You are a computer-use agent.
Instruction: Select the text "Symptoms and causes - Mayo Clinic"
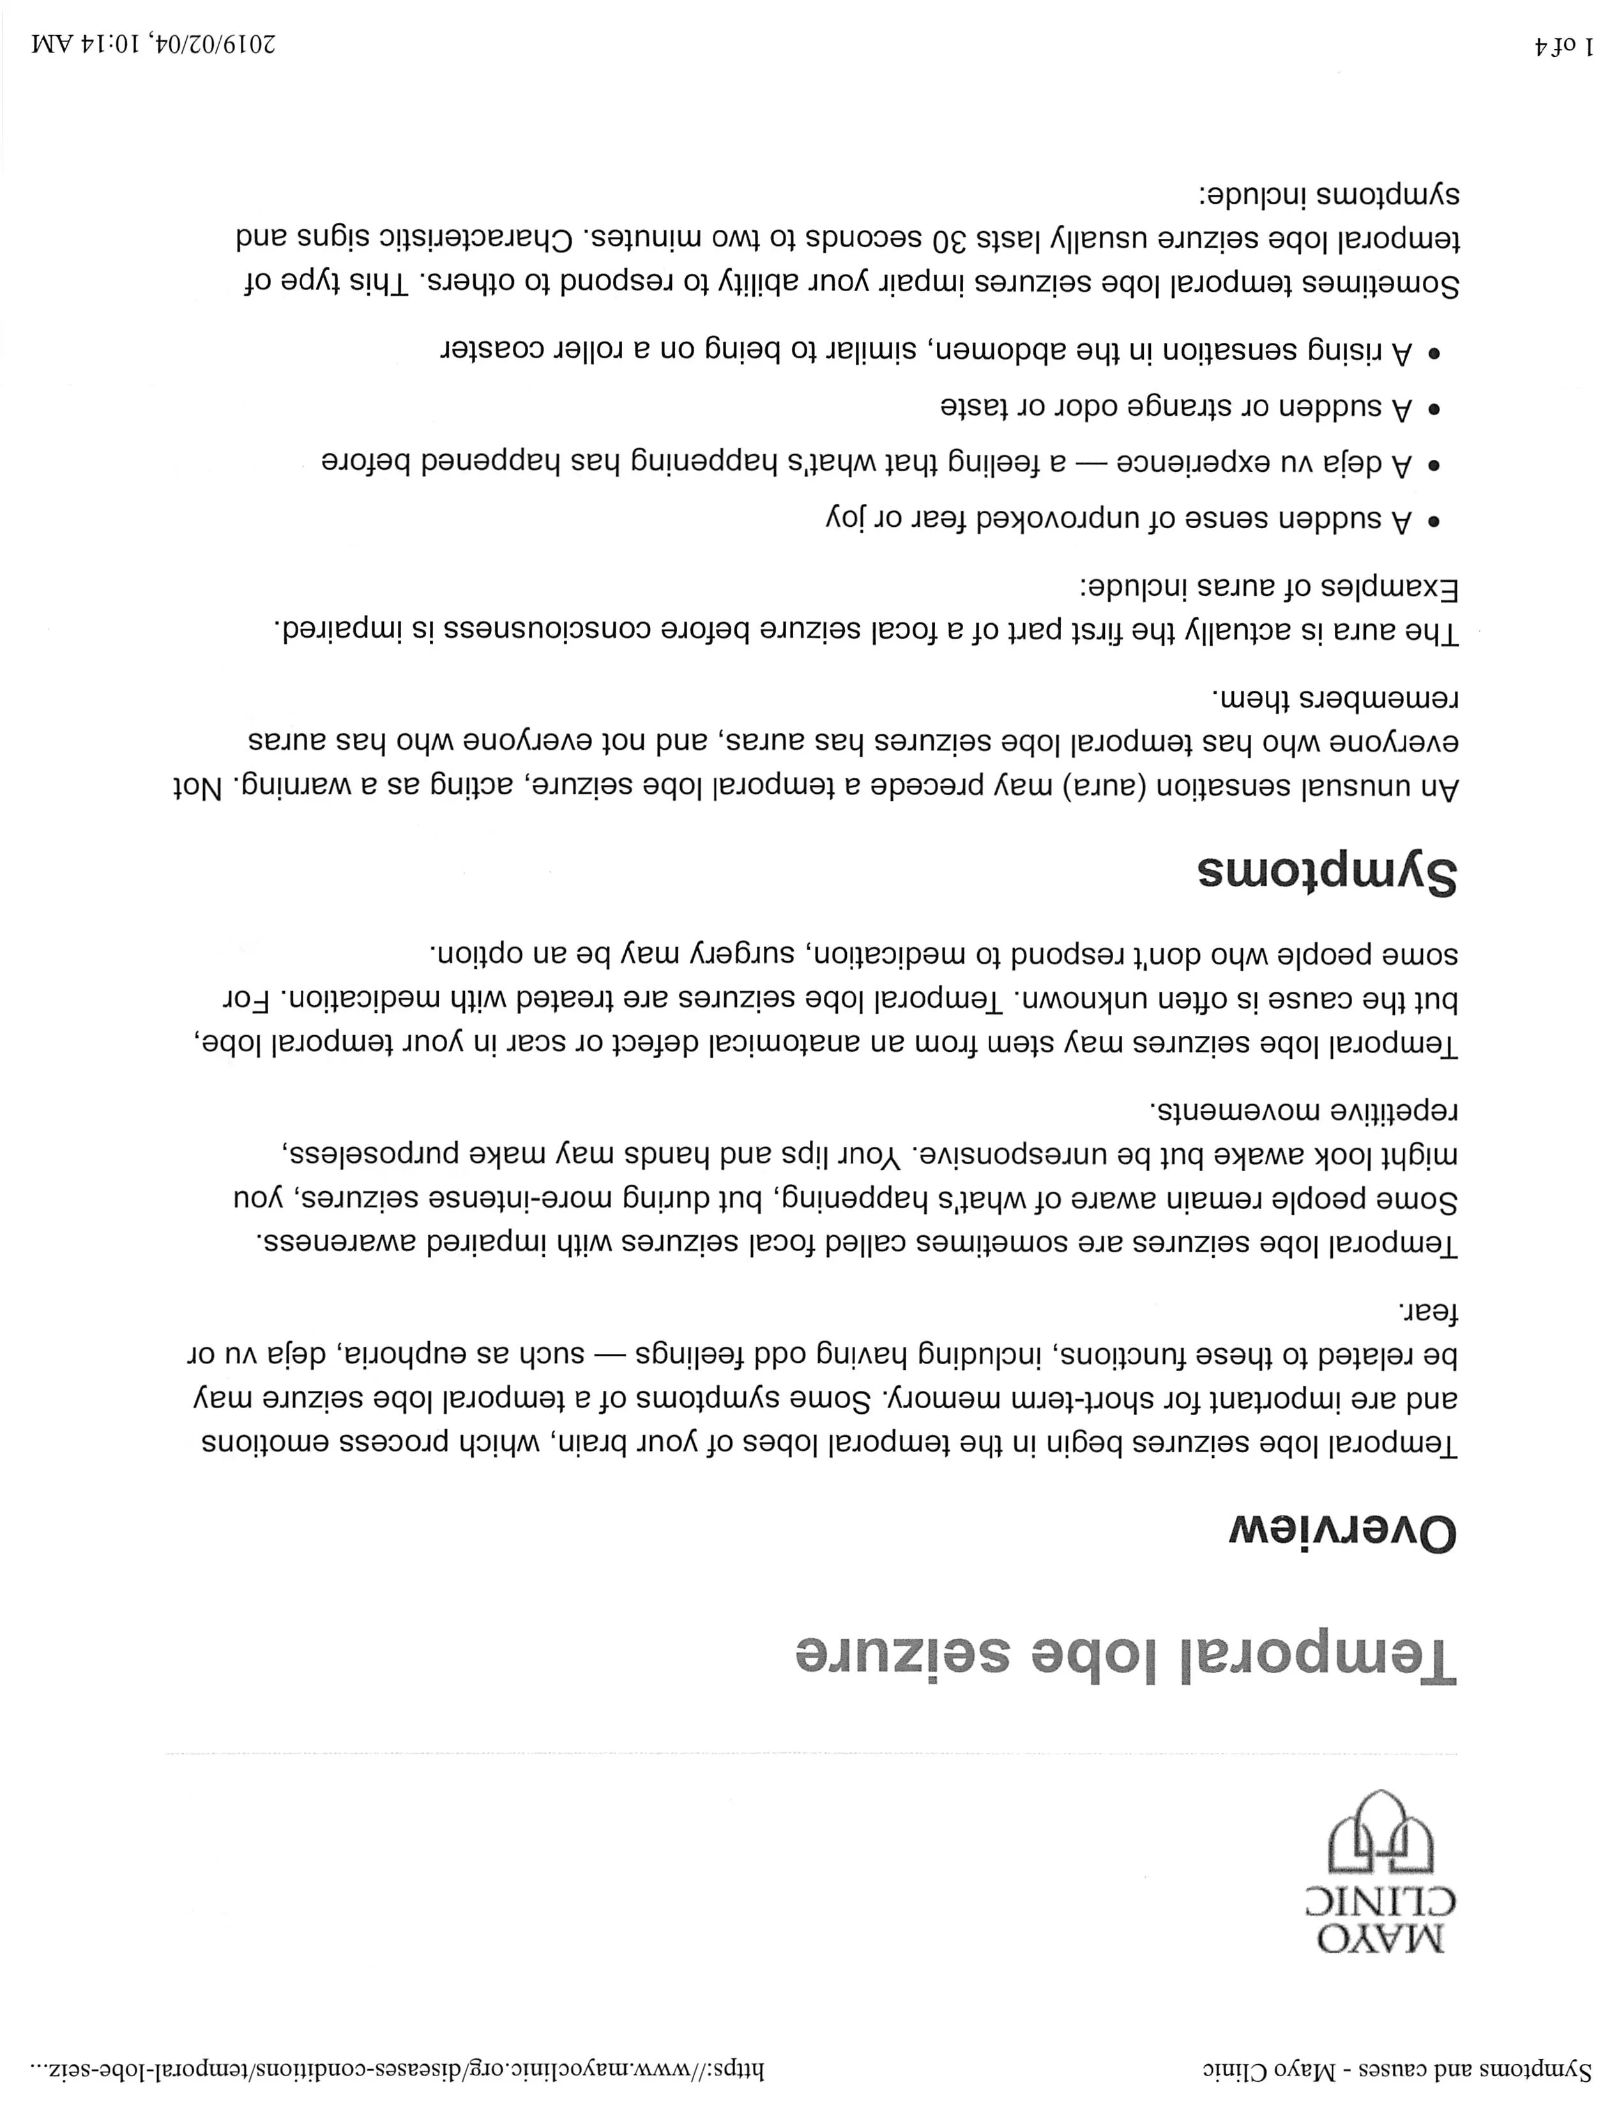(x=1397, y=2070)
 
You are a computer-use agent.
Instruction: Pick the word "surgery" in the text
(x=742, y=954)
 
